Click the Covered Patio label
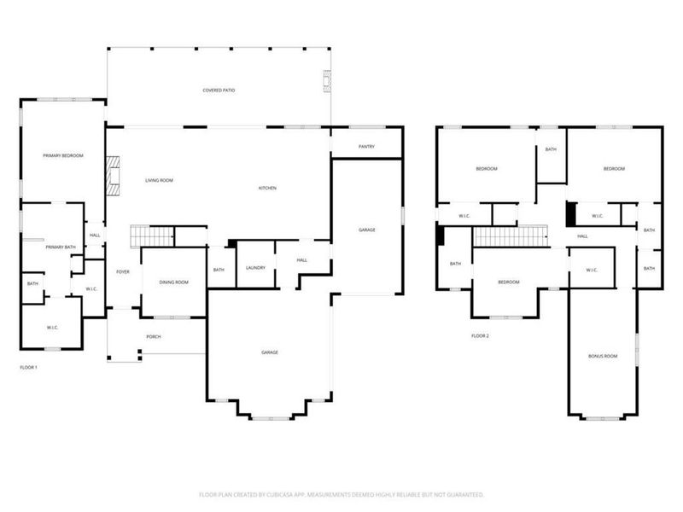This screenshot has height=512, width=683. click(219, 90)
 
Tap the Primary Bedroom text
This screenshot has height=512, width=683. click(63, 155)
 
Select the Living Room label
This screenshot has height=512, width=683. click(159, 180)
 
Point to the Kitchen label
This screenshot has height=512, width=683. click(268, 188)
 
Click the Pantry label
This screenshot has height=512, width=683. click(366, 147)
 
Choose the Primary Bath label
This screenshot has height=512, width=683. click(61, 247)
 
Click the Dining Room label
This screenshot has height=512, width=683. click(174, 282)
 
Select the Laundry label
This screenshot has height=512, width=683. click(255, 268)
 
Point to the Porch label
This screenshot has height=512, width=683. click(153, 336)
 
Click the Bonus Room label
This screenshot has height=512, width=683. click(602, 356)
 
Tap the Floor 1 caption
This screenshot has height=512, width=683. click(28, 367)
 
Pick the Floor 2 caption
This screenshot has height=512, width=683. click(480, 335)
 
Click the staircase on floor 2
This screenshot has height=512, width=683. click(510, 236)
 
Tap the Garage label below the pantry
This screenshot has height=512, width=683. click(367, 230)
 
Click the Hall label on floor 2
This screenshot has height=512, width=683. click(582, 236)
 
